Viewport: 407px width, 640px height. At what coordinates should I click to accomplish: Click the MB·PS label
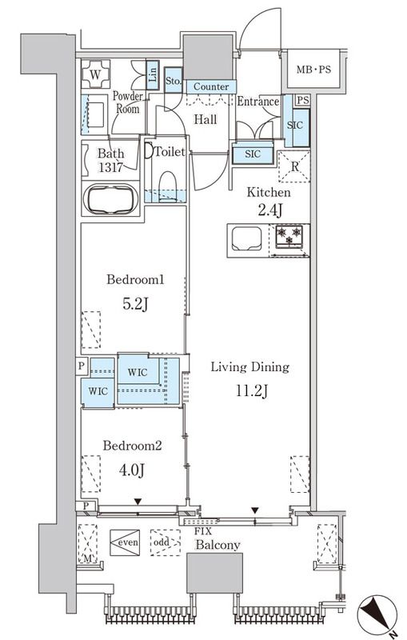(x=313, y=70)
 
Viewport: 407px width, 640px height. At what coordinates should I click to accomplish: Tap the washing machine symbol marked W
(x=95, y=74)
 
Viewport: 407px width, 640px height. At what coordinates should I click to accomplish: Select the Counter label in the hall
(x=211, y=86)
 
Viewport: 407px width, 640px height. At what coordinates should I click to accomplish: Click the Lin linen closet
(x=152, y=74)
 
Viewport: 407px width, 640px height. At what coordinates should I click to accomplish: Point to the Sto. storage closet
(x=174, y=81)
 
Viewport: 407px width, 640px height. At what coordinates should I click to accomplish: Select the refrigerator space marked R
(x=294, y=166)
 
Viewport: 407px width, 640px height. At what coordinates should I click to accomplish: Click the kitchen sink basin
(x=246, y=238)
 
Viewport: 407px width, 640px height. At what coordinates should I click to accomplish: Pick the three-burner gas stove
(x=289, y=236)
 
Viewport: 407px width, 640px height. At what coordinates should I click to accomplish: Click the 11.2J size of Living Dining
(x=252, y=390)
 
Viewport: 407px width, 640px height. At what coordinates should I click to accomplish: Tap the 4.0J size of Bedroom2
(x=132, y=470)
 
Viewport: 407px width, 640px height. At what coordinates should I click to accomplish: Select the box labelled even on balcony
(x=125, y=542)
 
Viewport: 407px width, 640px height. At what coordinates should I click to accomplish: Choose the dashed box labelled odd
(x=166, y=542)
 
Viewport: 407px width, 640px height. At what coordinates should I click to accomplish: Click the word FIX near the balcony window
(x=202, y=531)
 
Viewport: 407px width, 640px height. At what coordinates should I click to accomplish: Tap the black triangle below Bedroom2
(x=138, y=502)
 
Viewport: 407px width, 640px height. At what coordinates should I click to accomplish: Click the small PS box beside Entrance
(x=302, y=100)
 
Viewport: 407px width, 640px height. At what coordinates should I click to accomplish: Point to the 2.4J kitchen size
(x=270, y=210)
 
